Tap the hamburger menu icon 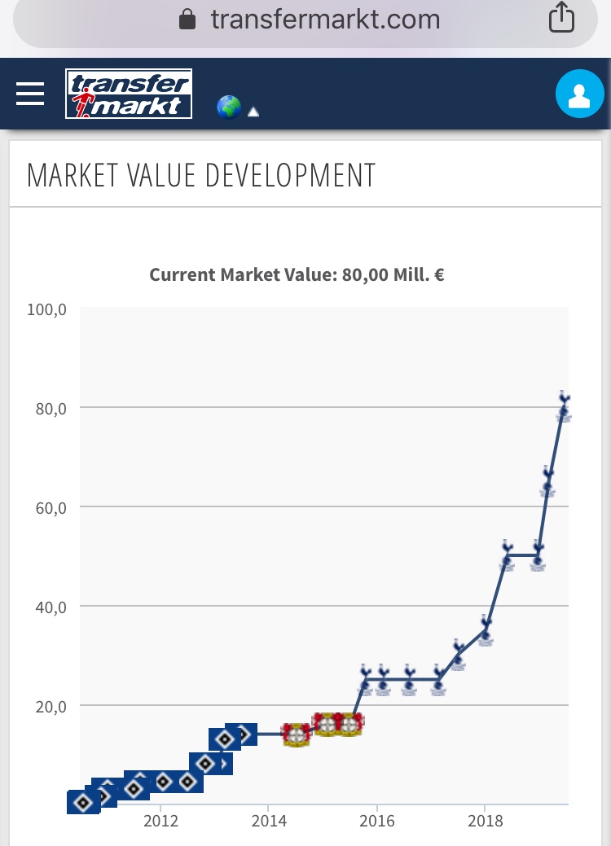click(x=30, y=94)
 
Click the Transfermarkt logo click(x=129, y=94)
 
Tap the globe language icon click(x=229, y=107)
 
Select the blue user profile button click(x=578, y=94)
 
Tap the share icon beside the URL click(x=561, y=18)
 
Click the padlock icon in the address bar click(x=187, y=19)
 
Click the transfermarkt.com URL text click(x=325, y=19)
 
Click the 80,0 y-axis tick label click(x=51, y=408)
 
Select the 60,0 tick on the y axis click(x=51, y=507)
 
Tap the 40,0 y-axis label click(x=51, y=607)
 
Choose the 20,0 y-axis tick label click(x=51, y=706)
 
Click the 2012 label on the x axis click(x=160, y=820)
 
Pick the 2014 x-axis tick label click(x=269, y=820)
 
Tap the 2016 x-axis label click(x=377, y=820)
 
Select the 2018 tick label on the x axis click(x=486, y=820)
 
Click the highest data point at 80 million click(x=564, y=408)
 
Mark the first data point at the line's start click(x=82, y=802)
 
